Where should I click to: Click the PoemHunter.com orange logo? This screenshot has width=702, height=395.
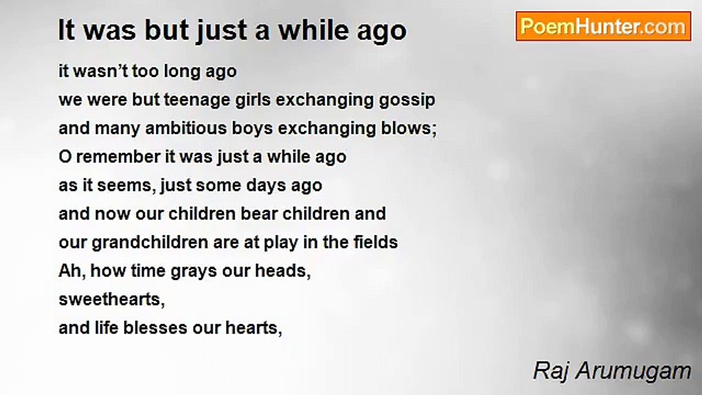pos(603,26)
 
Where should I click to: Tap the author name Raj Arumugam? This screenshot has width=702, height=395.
pos(612,371)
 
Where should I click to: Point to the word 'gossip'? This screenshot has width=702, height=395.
pos(407,100)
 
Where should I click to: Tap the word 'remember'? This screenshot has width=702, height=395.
pos(118,157)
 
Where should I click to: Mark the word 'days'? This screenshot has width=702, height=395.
pos(266,186)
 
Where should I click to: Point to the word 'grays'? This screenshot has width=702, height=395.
pos(194,272)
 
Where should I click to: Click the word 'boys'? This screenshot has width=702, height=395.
pos(252,129)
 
